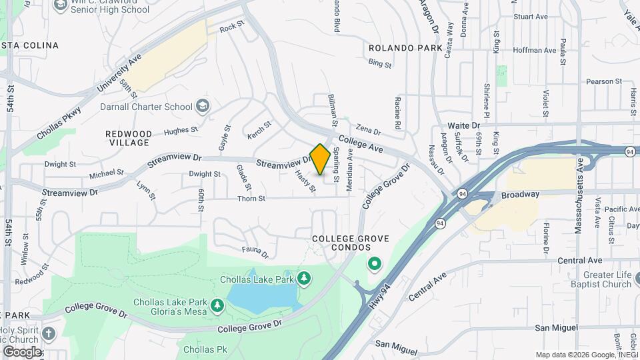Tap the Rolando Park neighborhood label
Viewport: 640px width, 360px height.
pyautogui.click(x=405, y=49)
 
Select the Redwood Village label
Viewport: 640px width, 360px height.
pyautogui.click(x=129, y=138)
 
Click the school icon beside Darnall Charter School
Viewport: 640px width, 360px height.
pyautogui.click(x=202, y=106)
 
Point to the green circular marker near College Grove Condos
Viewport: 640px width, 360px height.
pyautogui.click(x=375, y=265)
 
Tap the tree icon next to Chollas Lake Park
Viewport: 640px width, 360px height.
pyautogui.click(x=304, y=277)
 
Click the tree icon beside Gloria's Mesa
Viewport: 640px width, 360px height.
pyautogui.click(x=217, y=305)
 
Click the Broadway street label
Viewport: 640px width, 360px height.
pyautogui.click(x=521, y=194)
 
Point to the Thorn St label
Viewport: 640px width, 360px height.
pyautogui.click(x=253, y=198)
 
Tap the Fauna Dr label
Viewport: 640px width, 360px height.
pyautogui.click(x=256, y=253)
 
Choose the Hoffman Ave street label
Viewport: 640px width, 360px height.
pyautogui.click(x=539, y=50)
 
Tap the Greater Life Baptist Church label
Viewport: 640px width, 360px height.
pyautogui.click(x=598, y=279)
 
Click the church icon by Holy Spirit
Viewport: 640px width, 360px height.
pyautogui.click(x=49, y=333)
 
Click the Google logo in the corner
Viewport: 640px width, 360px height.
pyautogui.click(x=22, y=351)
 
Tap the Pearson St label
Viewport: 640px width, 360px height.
pyautogui.click(x=603, y=81)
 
